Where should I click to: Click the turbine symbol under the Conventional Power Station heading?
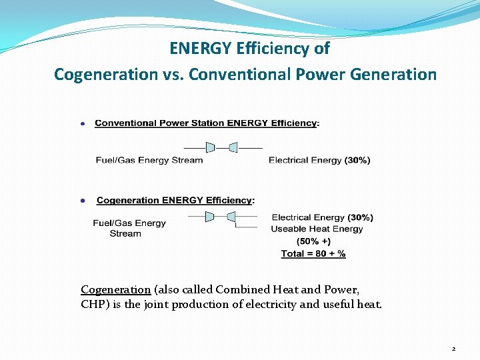221,147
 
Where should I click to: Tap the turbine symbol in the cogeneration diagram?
221,217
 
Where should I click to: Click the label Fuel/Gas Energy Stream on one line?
149,160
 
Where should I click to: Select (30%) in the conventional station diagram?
357,160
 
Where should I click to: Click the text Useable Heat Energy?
317,229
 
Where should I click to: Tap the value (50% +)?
313,241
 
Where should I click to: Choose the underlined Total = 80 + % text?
313,253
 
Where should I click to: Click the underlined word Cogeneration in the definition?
115,289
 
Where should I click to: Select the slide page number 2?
453,349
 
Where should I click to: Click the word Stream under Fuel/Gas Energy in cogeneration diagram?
125,233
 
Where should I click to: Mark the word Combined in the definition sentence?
246,289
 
